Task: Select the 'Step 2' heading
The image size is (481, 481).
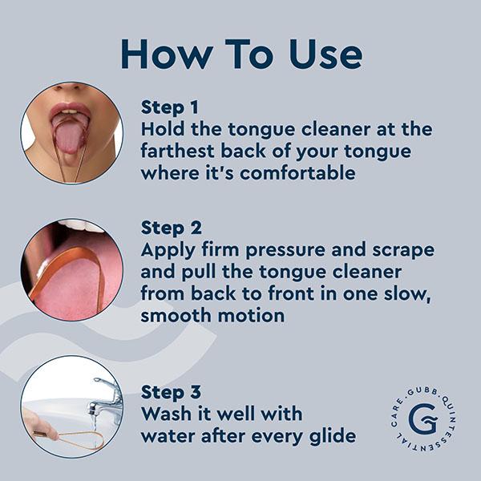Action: tap(170, 228)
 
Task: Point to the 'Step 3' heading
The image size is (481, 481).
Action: tap(170, 393)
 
